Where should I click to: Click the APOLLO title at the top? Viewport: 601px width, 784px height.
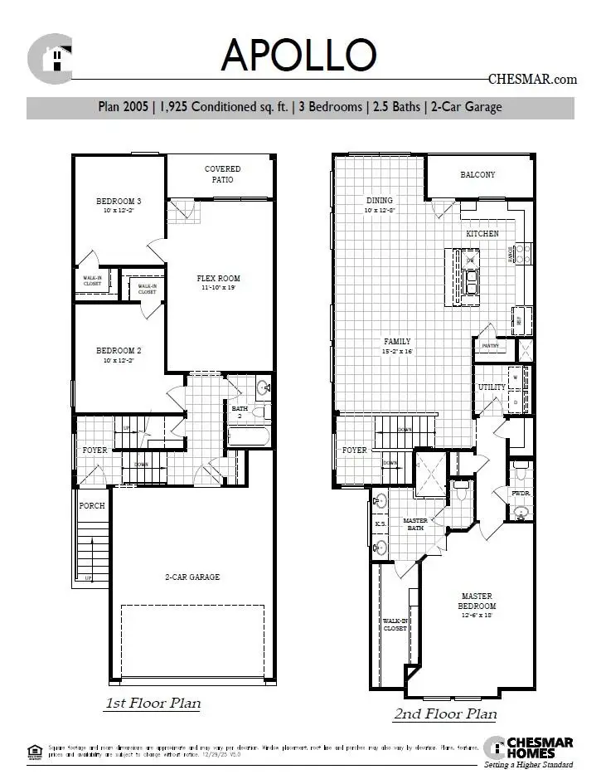(298, 56)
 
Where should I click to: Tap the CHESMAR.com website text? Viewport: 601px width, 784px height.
(532, 80)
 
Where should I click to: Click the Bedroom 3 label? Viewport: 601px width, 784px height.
(119, 202)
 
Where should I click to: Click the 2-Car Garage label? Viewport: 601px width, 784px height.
(191, 577)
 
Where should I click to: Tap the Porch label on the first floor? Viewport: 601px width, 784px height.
(92, 505)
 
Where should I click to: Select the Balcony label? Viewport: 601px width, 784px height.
(477, 175)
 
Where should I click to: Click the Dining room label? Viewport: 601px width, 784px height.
(380, 201)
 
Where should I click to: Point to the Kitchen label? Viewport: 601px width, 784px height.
(482, 234)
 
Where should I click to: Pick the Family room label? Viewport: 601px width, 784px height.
(397, 342)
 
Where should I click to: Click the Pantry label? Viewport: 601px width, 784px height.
(489, 345)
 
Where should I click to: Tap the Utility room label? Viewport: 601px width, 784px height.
(491, 387)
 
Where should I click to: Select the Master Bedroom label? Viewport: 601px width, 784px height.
(477, 601)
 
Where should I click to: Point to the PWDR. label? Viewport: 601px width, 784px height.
(520, 493)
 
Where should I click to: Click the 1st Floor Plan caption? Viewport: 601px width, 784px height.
(152, 704)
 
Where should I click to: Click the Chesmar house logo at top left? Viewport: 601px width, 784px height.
(50, 57)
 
